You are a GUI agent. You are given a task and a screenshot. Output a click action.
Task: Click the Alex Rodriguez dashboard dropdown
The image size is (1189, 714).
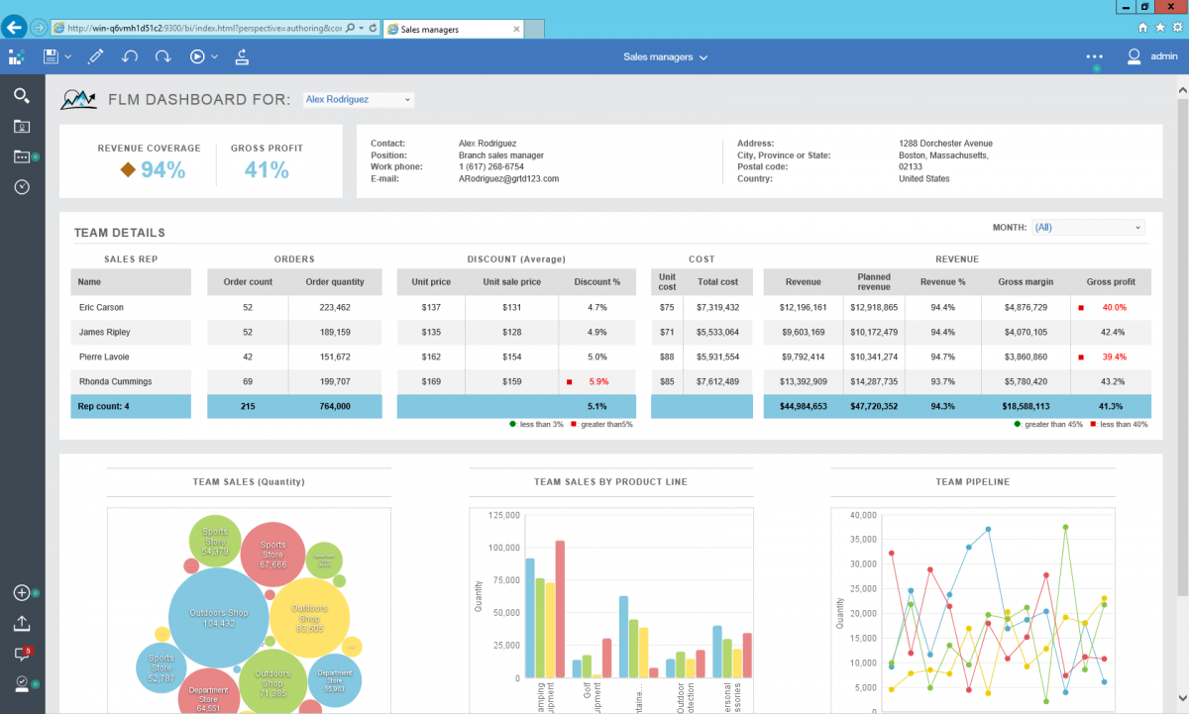(x=357, y=100)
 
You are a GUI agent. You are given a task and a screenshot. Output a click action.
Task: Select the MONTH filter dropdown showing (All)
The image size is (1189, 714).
(x=1087, y=228)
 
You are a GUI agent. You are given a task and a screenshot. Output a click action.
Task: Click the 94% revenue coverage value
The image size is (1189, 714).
(x=162, y=170)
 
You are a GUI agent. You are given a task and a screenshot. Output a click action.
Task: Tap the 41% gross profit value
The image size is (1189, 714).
(x=267, y=170)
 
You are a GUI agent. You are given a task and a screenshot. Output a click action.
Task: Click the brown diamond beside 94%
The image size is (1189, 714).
(x=128, y=170)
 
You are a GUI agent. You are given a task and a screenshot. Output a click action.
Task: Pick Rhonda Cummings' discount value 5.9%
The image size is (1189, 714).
(x=597, y=381)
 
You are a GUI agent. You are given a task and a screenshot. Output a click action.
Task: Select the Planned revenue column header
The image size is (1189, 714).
(x=873, y=282)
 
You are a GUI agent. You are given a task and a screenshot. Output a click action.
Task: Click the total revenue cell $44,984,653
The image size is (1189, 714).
(x=803, y=406)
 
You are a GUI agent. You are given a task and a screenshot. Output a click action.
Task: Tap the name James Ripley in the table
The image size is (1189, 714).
(x=104, y=333)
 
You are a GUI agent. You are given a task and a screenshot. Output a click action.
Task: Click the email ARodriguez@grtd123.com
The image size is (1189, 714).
(x=508, y=179)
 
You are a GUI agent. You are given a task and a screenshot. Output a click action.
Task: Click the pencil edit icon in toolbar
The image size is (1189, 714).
(x=95, y=57)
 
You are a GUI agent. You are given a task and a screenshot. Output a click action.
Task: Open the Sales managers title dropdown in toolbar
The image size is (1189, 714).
(x=665, y=57)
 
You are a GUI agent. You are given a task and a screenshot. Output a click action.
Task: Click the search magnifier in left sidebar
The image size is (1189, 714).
(x=21, y=95)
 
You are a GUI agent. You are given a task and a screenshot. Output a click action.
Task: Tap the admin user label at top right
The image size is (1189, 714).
(x=1163, y=57)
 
